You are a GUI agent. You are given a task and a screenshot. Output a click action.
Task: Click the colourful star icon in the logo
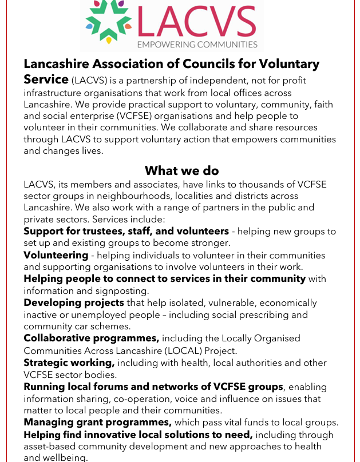109,23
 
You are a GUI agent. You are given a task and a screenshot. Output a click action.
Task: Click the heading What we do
181,170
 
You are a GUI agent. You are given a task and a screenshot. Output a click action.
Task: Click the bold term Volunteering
56,255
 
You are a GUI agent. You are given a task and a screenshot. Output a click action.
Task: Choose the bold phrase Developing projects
74,302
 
